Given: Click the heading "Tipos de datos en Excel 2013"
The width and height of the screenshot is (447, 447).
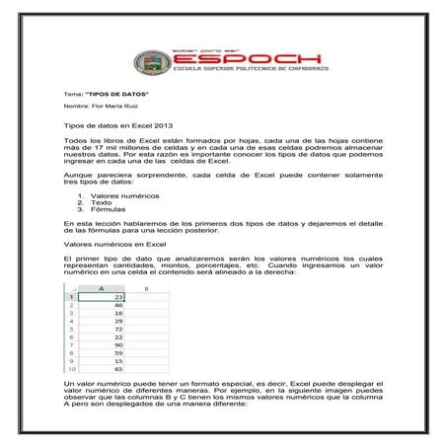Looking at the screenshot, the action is [x=117, y=127].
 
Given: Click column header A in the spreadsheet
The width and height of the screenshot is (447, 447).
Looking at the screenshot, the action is [x=102, y=288].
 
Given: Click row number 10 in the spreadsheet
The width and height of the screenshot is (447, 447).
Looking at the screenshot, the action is [x=70, y=368].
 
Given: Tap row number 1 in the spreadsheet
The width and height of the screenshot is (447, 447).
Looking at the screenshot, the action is [x=70, y=297].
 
